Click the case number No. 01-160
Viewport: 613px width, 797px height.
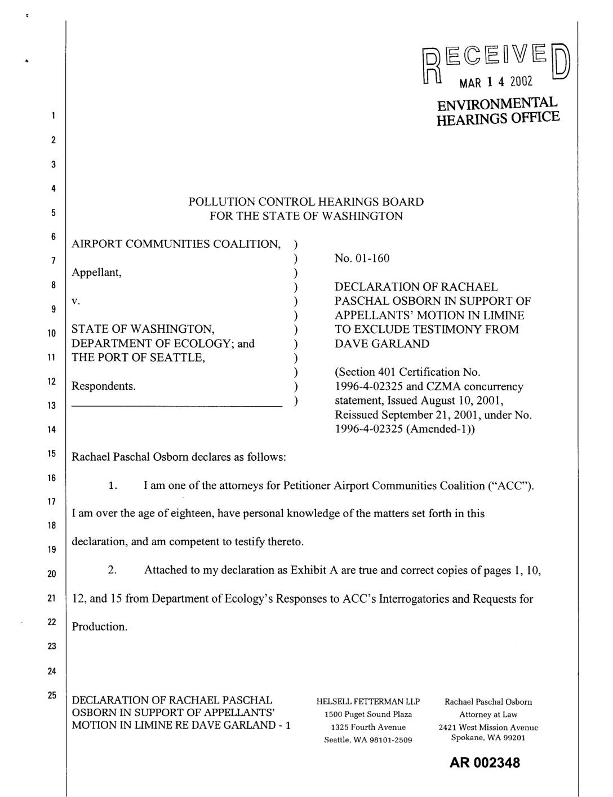(362, 259)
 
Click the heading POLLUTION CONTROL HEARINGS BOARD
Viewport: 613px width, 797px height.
(306, 202)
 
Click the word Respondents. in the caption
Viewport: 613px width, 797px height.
(104, 386)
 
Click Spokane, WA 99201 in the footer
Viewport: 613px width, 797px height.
(488, 738)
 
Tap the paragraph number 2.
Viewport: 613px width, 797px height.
(112, 570)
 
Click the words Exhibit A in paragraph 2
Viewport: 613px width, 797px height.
(313, 570)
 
